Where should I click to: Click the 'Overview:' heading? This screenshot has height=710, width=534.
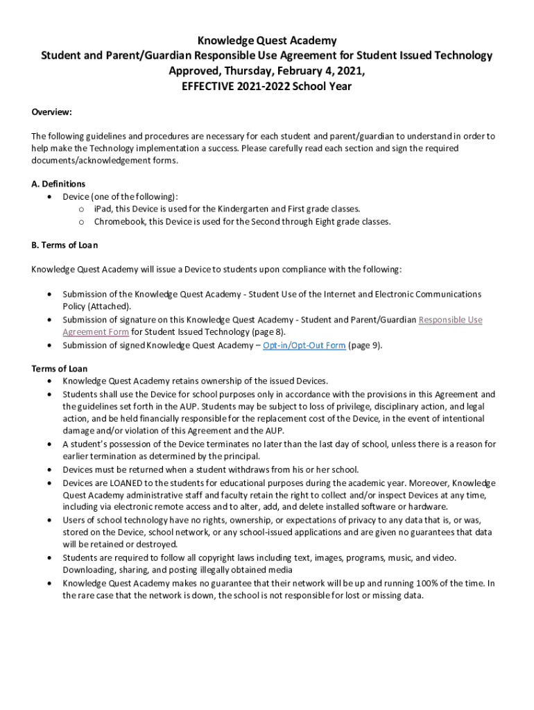[52, 112]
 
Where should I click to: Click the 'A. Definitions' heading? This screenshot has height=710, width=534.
[58, 184]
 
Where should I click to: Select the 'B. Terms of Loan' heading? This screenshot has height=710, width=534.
[64, 245]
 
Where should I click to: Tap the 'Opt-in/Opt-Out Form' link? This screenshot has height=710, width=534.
[304, 345]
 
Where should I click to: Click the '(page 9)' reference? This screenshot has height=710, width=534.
[365, 345]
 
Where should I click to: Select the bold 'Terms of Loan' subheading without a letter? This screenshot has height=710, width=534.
[60, 369]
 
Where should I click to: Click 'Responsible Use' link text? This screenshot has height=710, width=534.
[450, 320]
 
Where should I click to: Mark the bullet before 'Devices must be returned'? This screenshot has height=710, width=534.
[49, 469]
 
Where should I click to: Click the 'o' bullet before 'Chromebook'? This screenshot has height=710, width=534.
[81, 222]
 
